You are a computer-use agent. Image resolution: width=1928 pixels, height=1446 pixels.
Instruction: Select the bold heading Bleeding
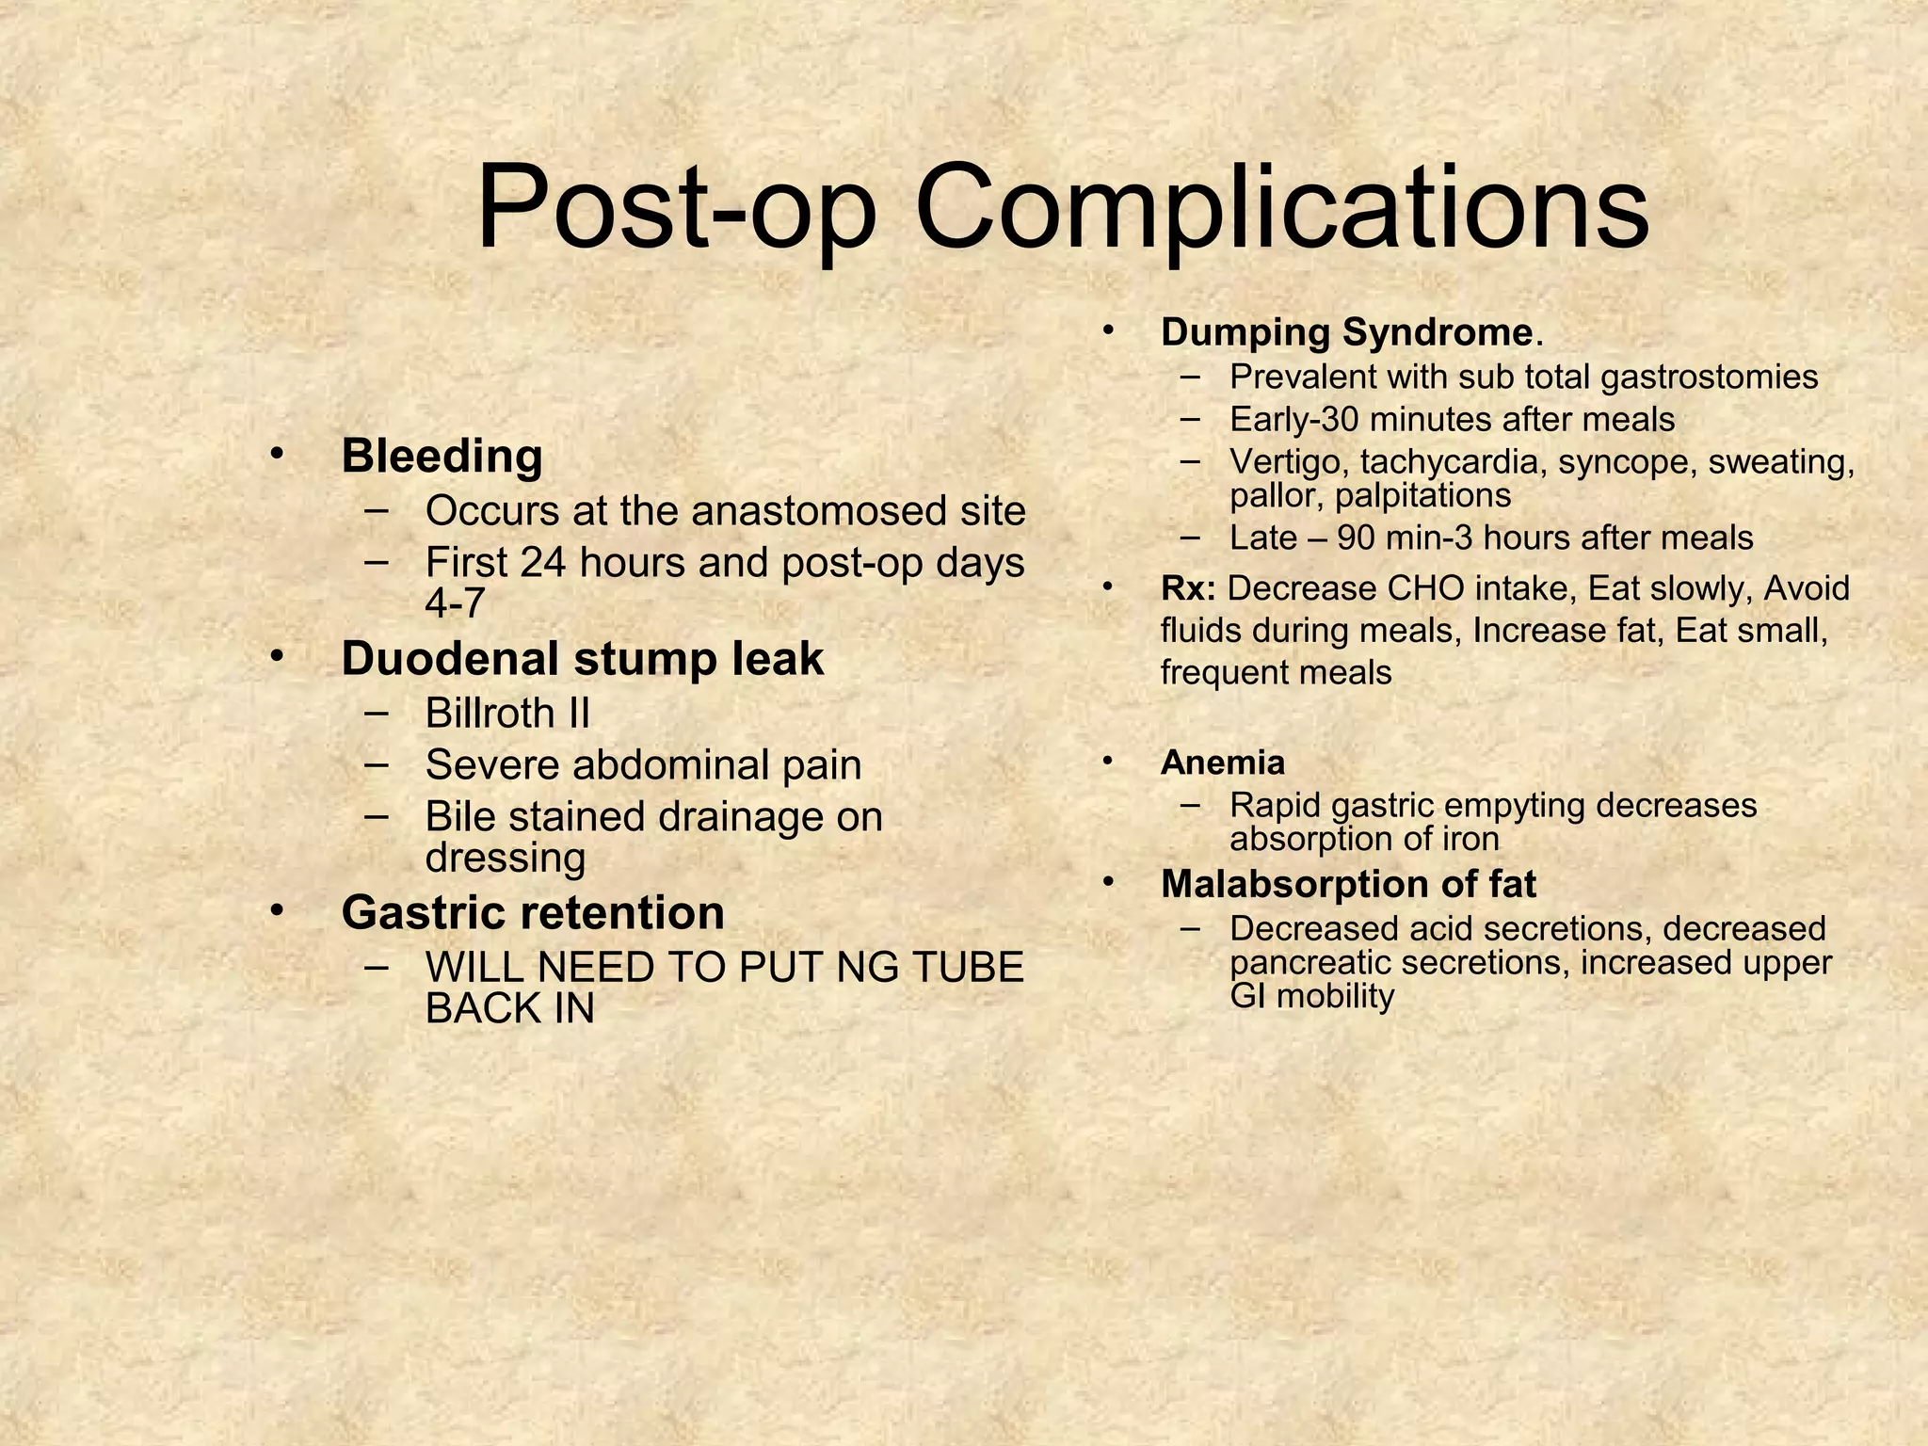point(442,457)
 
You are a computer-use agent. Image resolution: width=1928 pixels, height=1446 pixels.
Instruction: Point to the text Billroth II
point(507,713)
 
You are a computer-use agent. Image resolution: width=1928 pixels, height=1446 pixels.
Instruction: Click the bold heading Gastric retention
point(533,913)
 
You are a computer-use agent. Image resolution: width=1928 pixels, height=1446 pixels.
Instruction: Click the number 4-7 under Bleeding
point(455,602)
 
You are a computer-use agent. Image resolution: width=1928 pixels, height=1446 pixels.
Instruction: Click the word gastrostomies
point(1709,377)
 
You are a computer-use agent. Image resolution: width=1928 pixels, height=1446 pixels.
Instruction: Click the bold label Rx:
point(1188,588)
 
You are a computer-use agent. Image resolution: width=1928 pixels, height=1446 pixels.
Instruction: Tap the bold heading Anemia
point(1222,763)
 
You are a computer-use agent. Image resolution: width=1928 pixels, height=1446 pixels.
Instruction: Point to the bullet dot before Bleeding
point(276,453)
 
